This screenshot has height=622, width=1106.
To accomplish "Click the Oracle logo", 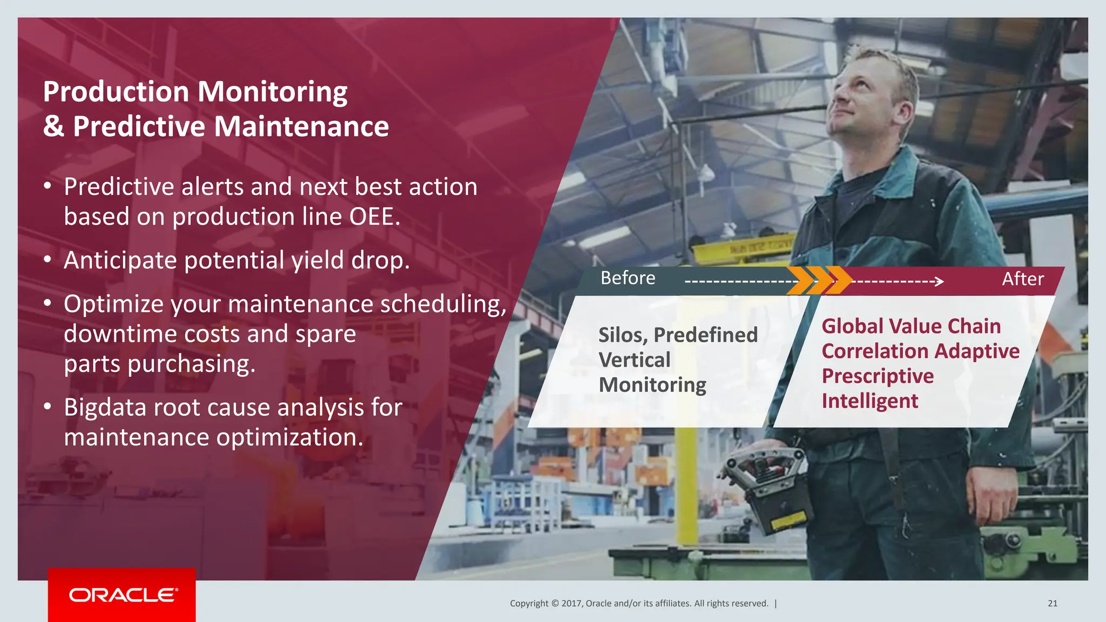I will tap(122, 595).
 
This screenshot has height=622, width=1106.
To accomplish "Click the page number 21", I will tap(1052, 604).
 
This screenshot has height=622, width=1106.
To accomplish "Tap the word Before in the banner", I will tap(628, 279).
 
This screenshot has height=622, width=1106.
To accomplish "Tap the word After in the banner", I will tap(1022, 279).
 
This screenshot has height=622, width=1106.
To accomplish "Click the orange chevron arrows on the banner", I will tap(818, 280).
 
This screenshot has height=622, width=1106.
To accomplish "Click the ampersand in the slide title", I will tap(54, 127).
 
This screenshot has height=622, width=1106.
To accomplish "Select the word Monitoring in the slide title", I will tap(272, 92).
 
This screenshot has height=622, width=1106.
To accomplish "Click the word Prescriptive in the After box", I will tap(878, 376).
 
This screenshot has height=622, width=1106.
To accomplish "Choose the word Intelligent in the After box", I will tap(869, 401).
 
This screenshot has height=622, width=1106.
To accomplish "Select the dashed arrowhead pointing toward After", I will tap(939, 281).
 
